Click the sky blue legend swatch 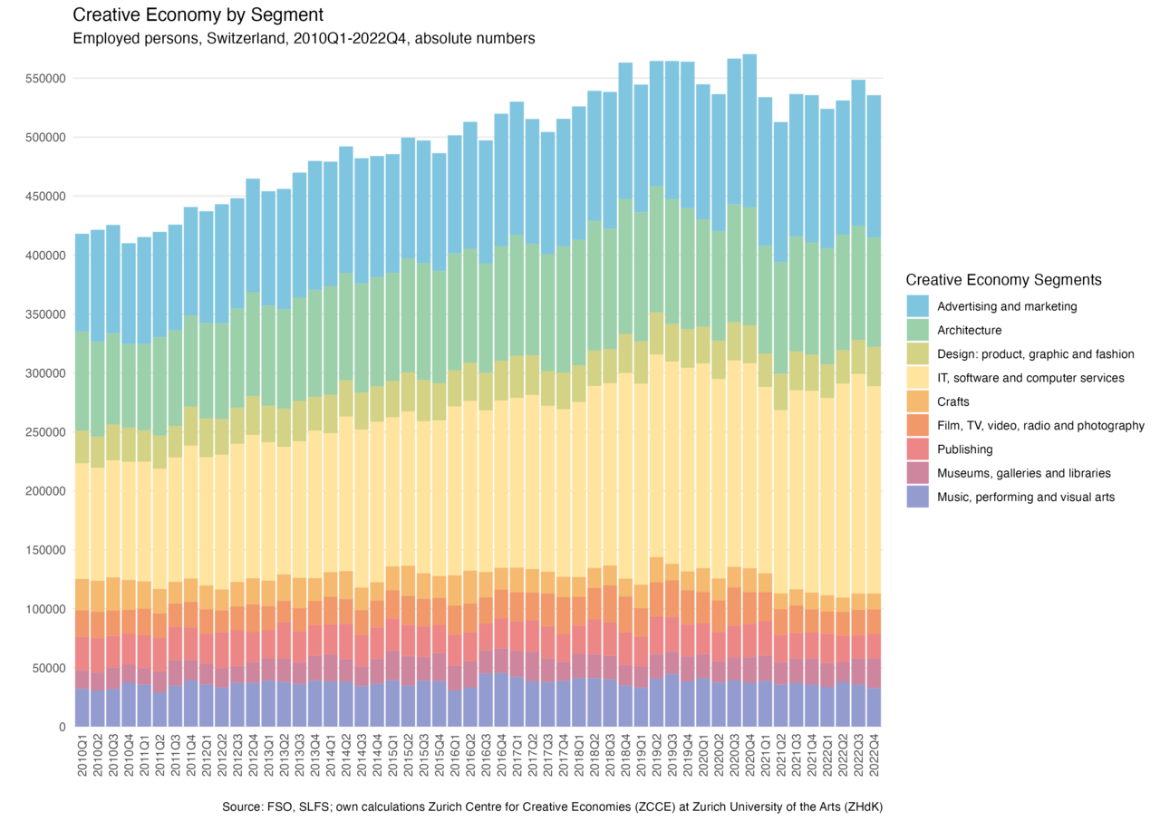tap(917, 306)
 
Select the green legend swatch tap(917, 330)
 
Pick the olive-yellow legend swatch tap(917, 353)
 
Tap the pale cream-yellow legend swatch tap(917, 378)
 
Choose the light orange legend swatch tap(917, 401)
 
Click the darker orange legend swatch tap(917, 425)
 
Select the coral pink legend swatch tap(917, 449)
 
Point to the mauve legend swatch tap(917, 473)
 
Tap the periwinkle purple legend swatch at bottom tap(917, 497)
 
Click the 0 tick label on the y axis tap(63, 727)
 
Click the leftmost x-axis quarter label tap(81, 752)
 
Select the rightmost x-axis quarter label tap(875, 752)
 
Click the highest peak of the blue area tap(749, 55)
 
